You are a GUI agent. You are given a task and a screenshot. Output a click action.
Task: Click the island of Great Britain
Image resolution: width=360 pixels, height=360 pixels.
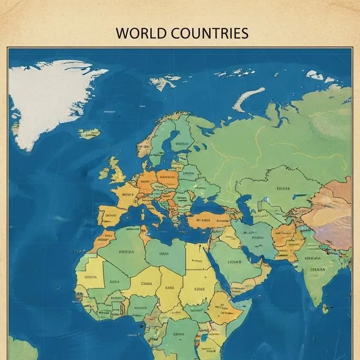coord(117,170)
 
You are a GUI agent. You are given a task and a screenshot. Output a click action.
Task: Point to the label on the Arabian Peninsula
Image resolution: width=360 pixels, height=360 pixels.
coord(234,261)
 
